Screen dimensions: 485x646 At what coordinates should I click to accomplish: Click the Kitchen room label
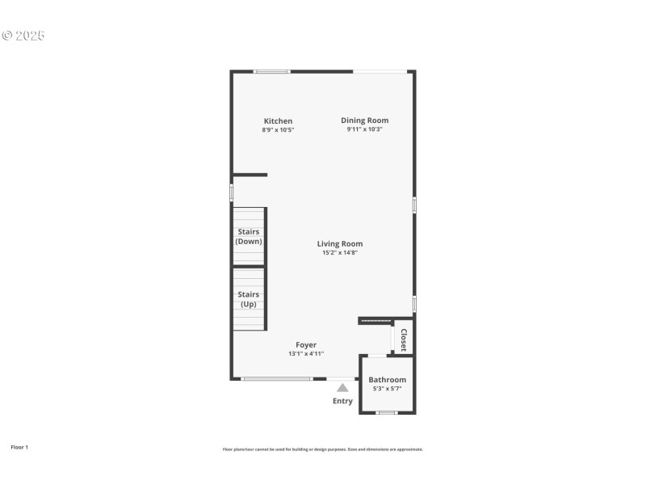278,121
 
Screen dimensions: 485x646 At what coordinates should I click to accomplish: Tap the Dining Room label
364,120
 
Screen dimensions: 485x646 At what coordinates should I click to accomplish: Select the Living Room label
339,243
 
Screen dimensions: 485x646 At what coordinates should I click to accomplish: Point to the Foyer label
306,345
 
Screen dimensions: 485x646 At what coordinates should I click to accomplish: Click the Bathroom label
388,380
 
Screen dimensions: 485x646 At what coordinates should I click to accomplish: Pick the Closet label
404,339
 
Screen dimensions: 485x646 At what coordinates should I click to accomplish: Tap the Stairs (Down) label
249,237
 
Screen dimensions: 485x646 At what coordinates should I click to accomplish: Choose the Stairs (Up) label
249,299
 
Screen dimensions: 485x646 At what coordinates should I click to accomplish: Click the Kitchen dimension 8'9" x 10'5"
278,130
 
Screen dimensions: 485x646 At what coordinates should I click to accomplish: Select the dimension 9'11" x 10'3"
364,129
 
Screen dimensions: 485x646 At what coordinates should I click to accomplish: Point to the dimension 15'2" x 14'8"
339,253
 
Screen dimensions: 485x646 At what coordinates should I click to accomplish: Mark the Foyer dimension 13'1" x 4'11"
306,354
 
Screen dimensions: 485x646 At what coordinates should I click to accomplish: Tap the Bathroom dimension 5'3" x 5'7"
388,389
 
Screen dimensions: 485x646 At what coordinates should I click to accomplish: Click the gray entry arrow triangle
342,388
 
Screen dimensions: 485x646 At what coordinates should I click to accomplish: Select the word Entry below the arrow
342,401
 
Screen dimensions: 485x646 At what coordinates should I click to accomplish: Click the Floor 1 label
19,447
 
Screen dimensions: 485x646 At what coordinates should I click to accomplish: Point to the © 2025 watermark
23,36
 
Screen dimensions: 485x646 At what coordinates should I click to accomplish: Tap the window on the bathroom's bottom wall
387,413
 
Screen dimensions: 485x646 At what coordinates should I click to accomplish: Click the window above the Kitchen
272,72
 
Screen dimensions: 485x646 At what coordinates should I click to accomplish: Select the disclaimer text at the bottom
323,449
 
